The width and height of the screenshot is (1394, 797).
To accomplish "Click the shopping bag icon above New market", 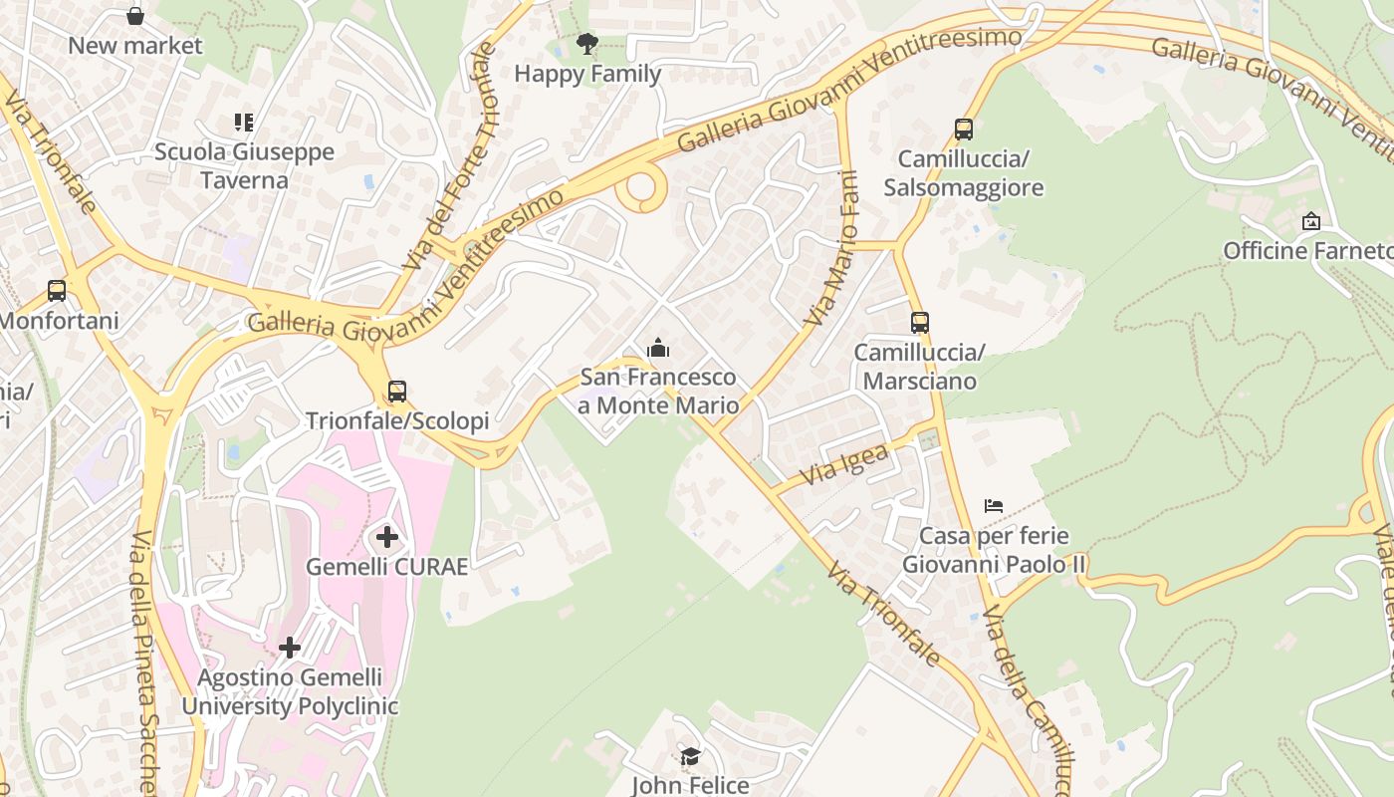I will tap(135, 16).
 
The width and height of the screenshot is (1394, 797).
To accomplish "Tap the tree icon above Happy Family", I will tap(587, 44).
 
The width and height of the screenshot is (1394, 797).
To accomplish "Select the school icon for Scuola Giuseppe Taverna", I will tap(244, 123).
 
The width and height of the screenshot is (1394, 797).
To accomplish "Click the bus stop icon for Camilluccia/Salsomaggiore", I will tap(963, 130).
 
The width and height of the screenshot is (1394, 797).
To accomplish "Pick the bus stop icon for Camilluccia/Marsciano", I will tap(919, 323).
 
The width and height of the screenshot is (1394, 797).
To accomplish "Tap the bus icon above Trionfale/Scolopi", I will tap(397, 392).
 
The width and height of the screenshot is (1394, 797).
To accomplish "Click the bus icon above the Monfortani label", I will tap(57, 291).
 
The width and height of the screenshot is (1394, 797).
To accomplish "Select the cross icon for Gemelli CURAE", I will tap(386, 538).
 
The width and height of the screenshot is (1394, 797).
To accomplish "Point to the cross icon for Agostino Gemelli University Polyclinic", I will tap(290, 648).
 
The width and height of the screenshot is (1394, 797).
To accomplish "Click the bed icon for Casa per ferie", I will tap(993, 506).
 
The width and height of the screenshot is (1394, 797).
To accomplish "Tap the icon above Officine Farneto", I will tap(1311, 221).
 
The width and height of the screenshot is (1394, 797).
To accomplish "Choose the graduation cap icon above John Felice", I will tap(690, 757).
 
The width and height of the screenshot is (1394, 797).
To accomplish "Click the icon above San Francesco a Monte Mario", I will tap(658, 349).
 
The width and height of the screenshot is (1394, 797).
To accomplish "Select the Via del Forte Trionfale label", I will tap(451, 156).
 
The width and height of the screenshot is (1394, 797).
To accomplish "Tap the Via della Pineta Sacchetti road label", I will tap(144, 663).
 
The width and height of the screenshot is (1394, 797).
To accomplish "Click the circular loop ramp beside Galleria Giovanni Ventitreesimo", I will tap(639, 188).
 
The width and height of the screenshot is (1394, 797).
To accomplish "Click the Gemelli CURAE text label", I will tap(386, 567).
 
